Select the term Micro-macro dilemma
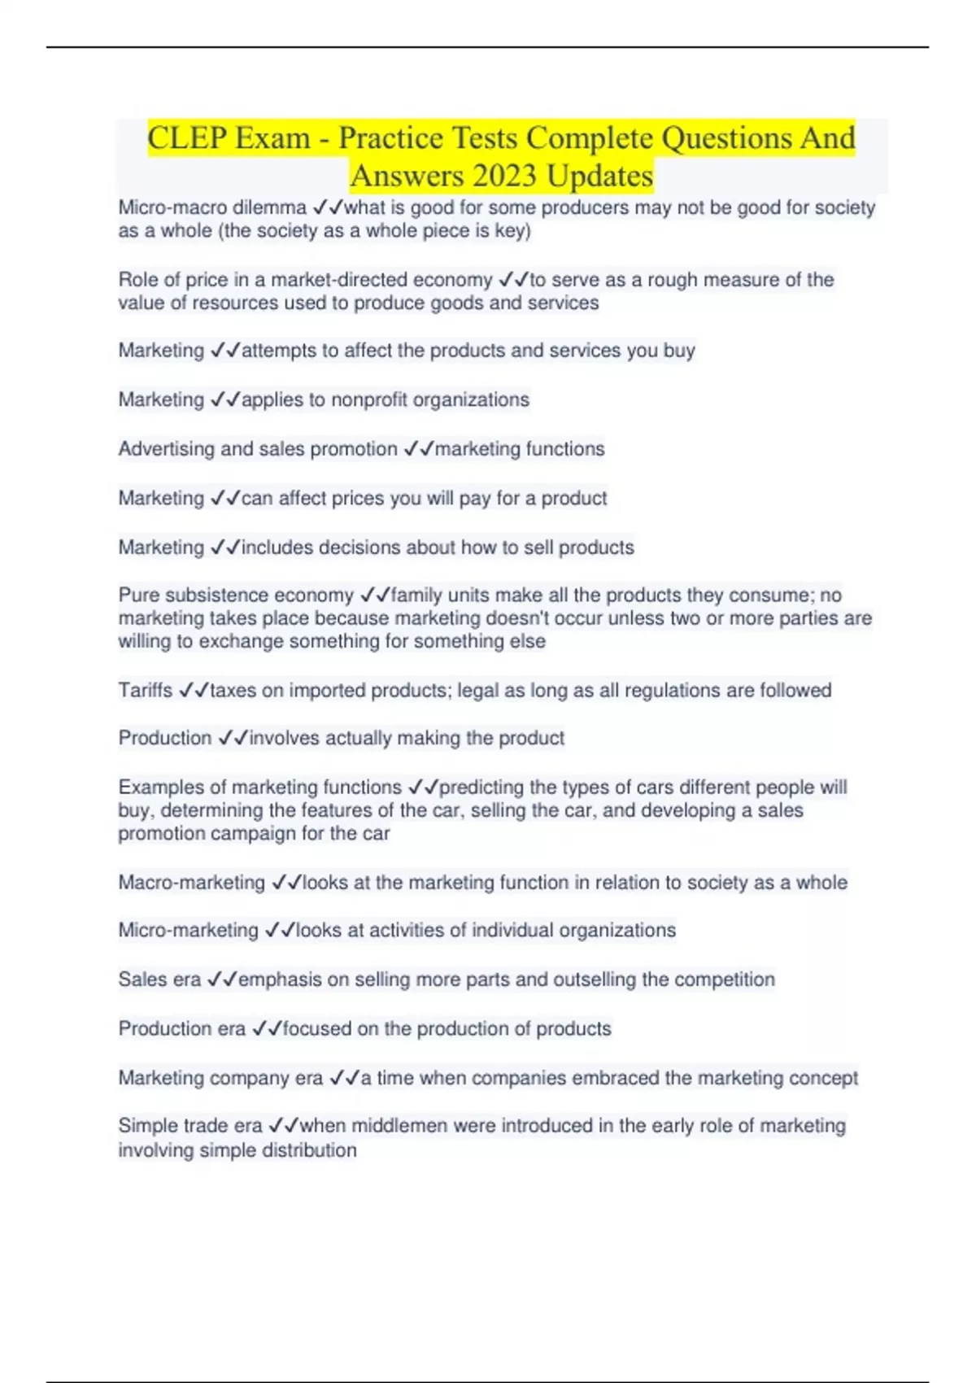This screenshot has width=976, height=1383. click(212, 208)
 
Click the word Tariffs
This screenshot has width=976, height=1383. click(145, 691)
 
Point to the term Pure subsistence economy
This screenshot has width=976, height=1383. click(236, 596)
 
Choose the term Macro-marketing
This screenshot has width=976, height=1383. click(191, 883)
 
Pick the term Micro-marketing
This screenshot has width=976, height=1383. click(188, 931)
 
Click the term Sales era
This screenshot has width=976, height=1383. click(159, 979)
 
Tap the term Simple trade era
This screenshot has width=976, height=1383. click(190, 1126)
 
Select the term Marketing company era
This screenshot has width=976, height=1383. click(220, 1078)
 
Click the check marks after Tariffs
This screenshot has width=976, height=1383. click(194, 691)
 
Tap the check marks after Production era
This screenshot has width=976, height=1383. click(267, 1029)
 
